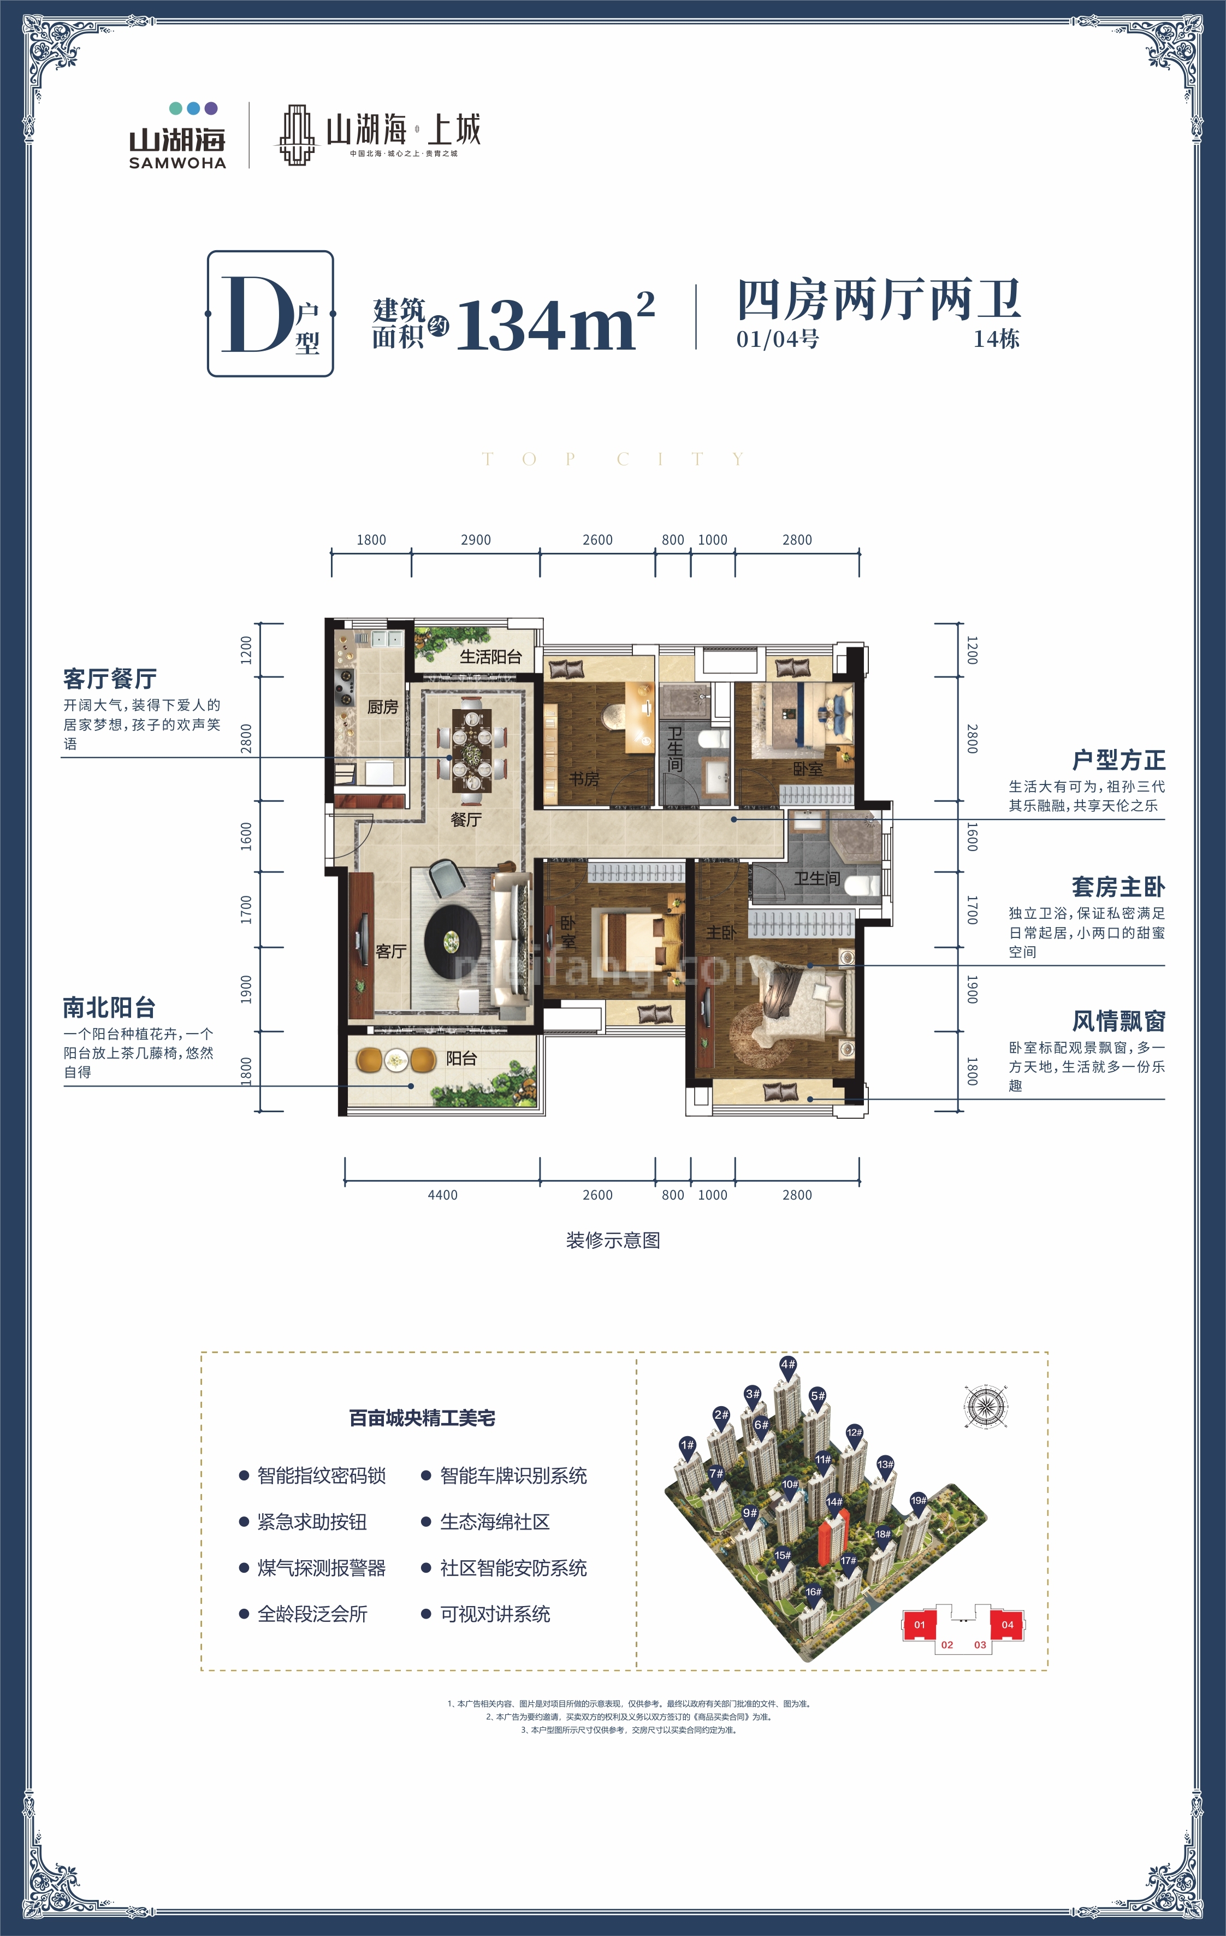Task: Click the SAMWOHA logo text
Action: click(x=177, y=162)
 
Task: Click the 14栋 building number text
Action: click(x=996, y=339)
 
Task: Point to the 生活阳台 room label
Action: click(x=490, y=657)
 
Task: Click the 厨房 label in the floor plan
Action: click(x=383, y=707)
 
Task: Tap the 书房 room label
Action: click(x=584, y=779)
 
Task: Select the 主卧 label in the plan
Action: click(x=720, y=932)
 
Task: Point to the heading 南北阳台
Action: click(x=109, y=1007)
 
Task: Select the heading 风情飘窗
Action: click(x=1118, y=1021)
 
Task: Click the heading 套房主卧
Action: click(x=1118, y=887)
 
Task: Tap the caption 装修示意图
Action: click(x=613, y=1241)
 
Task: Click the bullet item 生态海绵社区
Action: click(x=494, y=1522)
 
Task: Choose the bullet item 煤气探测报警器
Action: click(x=321, y=1568)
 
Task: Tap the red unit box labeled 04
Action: click(x=1008, y=1625)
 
